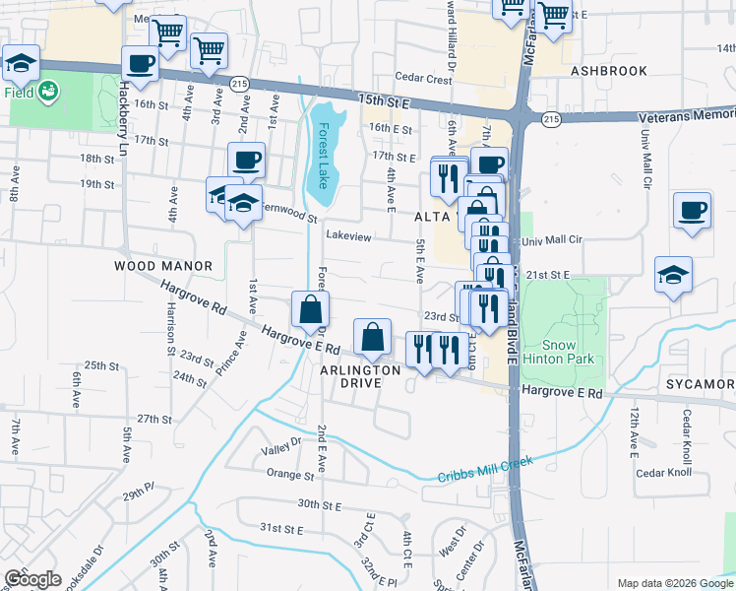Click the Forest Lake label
pos(321,156)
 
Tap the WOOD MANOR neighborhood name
pos(163,266)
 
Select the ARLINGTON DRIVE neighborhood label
pos(360,376)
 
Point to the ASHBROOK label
pos(610,71)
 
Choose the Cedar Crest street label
pos(423,78)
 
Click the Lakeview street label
pos(348,236)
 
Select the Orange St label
pos(289,473)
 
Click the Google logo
pos(32,578)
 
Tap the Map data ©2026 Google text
pos(674,583)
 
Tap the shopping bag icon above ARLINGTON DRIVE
pos(373,337)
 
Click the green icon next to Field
pos(46,92)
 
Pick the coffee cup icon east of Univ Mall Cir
pos(693,211)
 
